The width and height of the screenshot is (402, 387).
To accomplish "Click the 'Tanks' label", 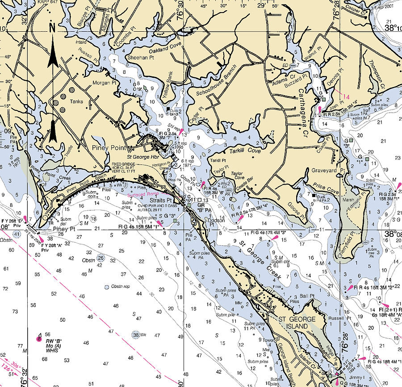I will click(76, 101).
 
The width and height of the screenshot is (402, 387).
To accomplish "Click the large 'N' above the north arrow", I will click(52, 28).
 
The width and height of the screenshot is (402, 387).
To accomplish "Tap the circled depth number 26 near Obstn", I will click(101, 258).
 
